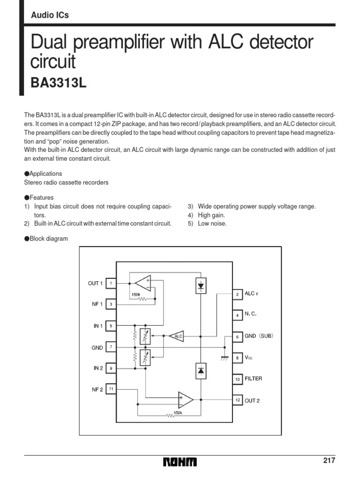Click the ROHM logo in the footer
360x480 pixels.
[x=180, y=462]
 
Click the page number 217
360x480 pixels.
[x=329, y=460]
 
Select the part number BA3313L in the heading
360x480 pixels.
[x=59, y=83]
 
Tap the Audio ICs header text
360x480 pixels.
[x=50, y=15]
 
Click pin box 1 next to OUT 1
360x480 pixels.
[x=111, y=283]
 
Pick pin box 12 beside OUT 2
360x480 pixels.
[x=238, y=400]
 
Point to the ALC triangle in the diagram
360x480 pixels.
[x=177, y=336]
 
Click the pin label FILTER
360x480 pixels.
[x=253, y=378]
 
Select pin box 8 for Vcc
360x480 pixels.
[x=238, y=358]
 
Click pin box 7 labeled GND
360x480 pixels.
[x=111, y=347]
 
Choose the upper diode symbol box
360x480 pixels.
[x=201, y=285]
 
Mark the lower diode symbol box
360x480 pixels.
[x=201, y=370]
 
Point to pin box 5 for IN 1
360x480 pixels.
[x=111, y=326]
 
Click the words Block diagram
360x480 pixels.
[x=49, y=239]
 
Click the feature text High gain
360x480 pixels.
[x=211, y=215]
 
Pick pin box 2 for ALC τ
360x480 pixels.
[x=238, y=294]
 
